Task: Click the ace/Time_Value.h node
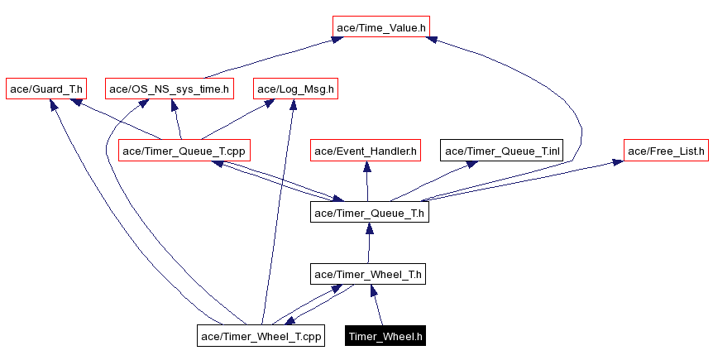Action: point(381,27)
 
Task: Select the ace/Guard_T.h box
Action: point(46,89)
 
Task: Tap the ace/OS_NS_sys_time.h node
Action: point(170,89)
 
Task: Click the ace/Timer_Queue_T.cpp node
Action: point(184,151)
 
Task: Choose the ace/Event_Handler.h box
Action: point(366,151)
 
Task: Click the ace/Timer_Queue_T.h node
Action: point(369,213)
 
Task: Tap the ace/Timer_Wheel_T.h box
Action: point(369,274)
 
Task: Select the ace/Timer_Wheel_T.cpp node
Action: point(261,336)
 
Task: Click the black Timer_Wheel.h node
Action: point(386,336)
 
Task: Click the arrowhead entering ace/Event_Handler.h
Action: point(366,166)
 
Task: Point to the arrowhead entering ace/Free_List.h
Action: point(618,162)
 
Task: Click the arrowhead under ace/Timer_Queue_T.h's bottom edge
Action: point(369,228)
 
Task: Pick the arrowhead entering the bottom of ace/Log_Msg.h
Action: point(293,104)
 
